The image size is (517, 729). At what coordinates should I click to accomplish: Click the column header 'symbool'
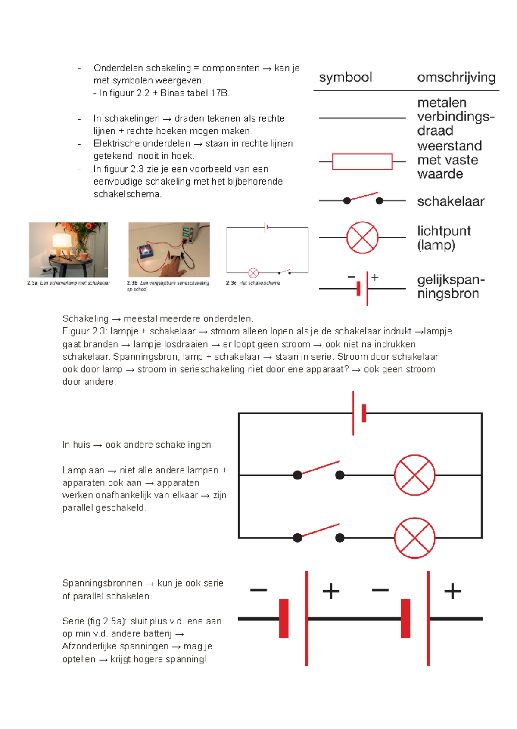click(x=345, y=77)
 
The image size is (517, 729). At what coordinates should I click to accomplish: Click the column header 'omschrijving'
click(x=456, y=77)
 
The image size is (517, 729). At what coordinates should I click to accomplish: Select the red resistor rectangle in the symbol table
click(x=362, y=162)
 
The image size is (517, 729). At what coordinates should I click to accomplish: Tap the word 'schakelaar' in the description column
click(x=450, y=201)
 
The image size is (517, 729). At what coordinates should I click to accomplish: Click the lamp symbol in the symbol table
click(x=362, y=238)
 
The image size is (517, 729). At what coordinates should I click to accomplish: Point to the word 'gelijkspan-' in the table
click(x=451, y=280)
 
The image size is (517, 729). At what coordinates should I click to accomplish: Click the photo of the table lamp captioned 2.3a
click(x=69, y=250)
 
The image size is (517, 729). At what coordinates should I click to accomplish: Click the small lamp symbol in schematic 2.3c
click(x=253, y=273)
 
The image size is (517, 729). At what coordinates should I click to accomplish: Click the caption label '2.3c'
click(x=231, y=283)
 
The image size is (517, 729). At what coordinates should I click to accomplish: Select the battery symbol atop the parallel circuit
click(x=358, y=413)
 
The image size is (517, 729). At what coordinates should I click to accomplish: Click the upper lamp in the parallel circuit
click(x=414, y=475)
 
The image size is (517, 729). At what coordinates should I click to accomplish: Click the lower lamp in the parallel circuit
click(x=414, y=538)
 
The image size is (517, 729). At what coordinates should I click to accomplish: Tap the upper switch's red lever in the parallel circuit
click(x=321, y=468)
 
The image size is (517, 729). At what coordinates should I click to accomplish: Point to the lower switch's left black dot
click(x=297, y=537)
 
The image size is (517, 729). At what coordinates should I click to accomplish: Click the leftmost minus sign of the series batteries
click(x=258, y=590)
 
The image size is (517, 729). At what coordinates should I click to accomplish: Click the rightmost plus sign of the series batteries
click(x=452, y=591)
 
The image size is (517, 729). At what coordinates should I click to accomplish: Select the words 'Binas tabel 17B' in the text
click(x=194, y=93)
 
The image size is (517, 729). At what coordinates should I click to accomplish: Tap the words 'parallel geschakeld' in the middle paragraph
click(x=104, y=508)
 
